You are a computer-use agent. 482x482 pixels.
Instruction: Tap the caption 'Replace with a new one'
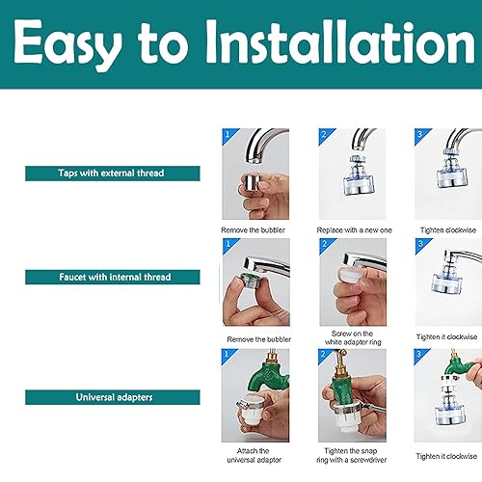pos(353,231)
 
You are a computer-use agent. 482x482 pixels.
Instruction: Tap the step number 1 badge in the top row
pos(228,134)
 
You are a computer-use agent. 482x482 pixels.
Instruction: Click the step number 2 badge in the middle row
pos(325,245)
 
